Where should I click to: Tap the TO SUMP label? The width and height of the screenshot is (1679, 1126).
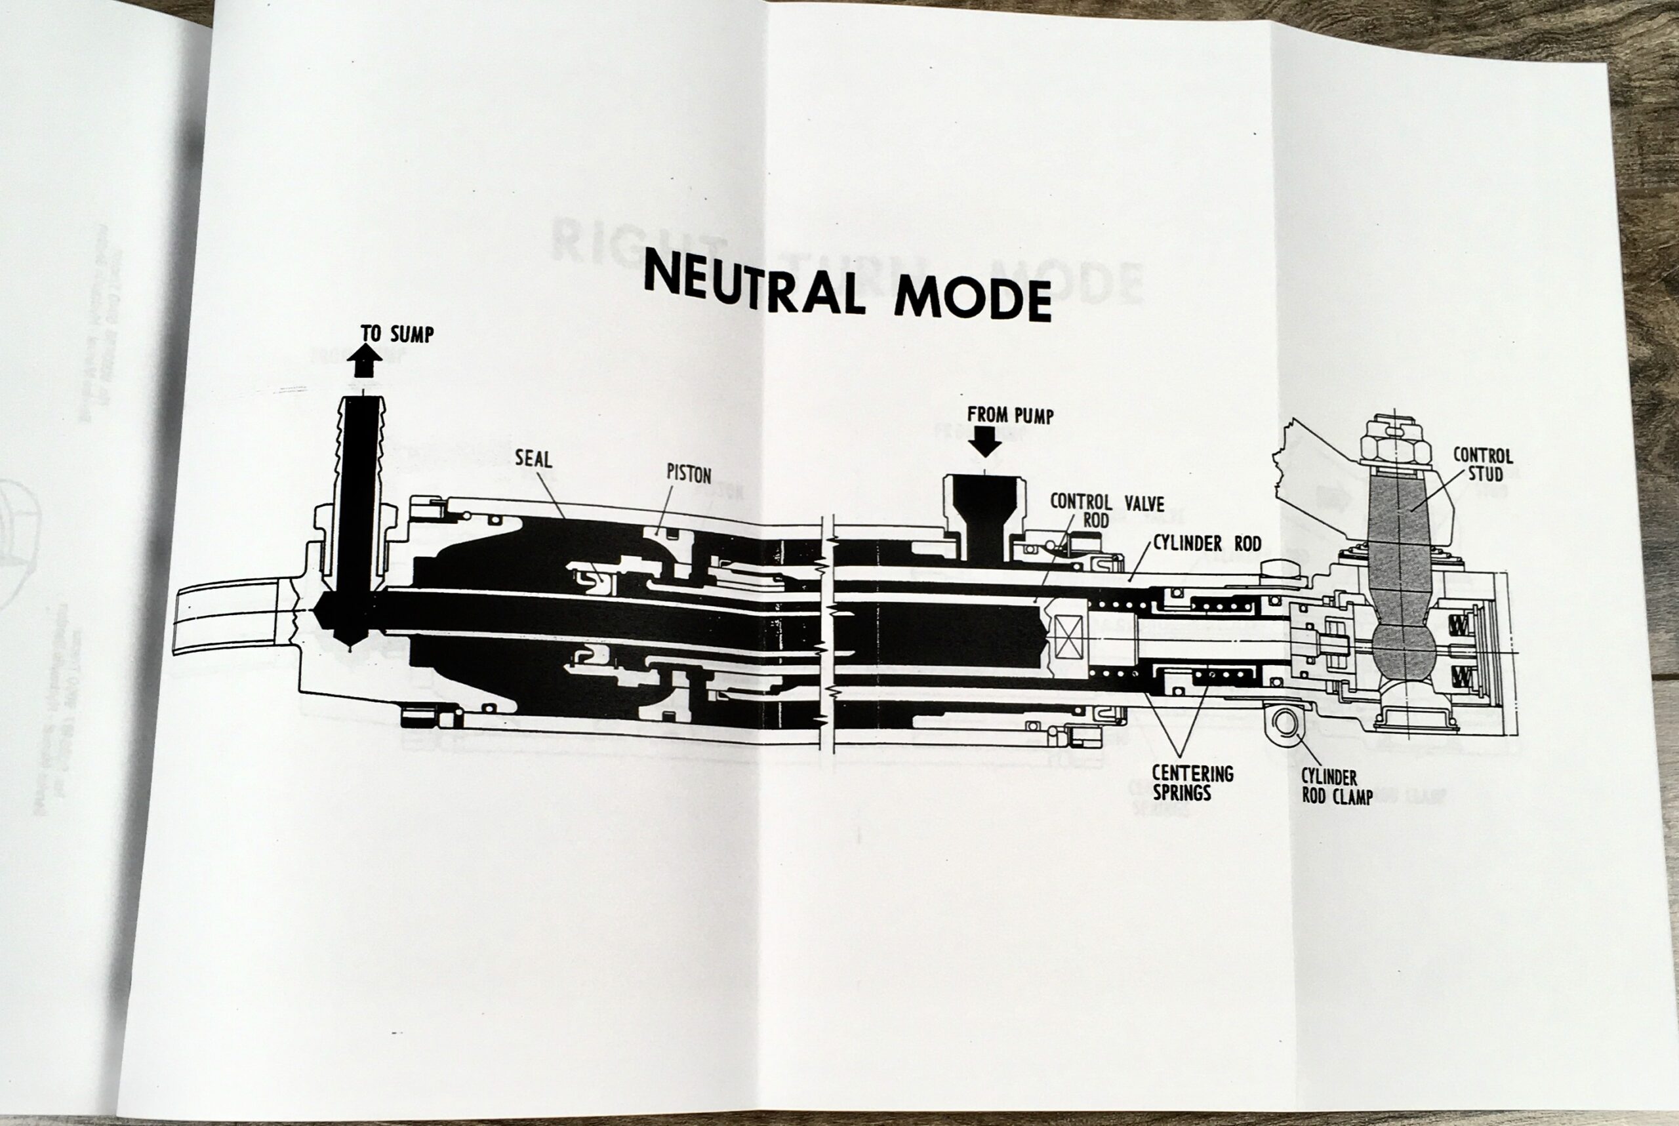(x=397, y=334)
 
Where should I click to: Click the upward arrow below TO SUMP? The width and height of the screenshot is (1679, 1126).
(x=364, y=361)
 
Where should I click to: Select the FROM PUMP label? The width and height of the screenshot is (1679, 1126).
(x=1010, y=415)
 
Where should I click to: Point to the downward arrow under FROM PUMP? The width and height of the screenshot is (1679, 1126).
(x=984, y=441)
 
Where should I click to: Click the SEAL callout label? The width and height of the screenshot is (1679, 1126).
(x=533, y=458)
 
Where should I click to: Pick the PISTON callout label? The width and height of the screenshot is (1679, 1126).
(x=688, y=474)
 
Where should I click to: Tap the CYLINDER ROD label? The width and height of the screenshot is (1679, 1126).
(x=1207, y=544)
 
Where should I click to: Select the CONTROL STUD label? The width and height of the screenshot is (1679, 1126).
(x=1482, y=464)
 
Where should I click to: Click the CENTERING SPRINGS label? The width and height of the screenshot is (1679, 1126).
(x=1192, y=783)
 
